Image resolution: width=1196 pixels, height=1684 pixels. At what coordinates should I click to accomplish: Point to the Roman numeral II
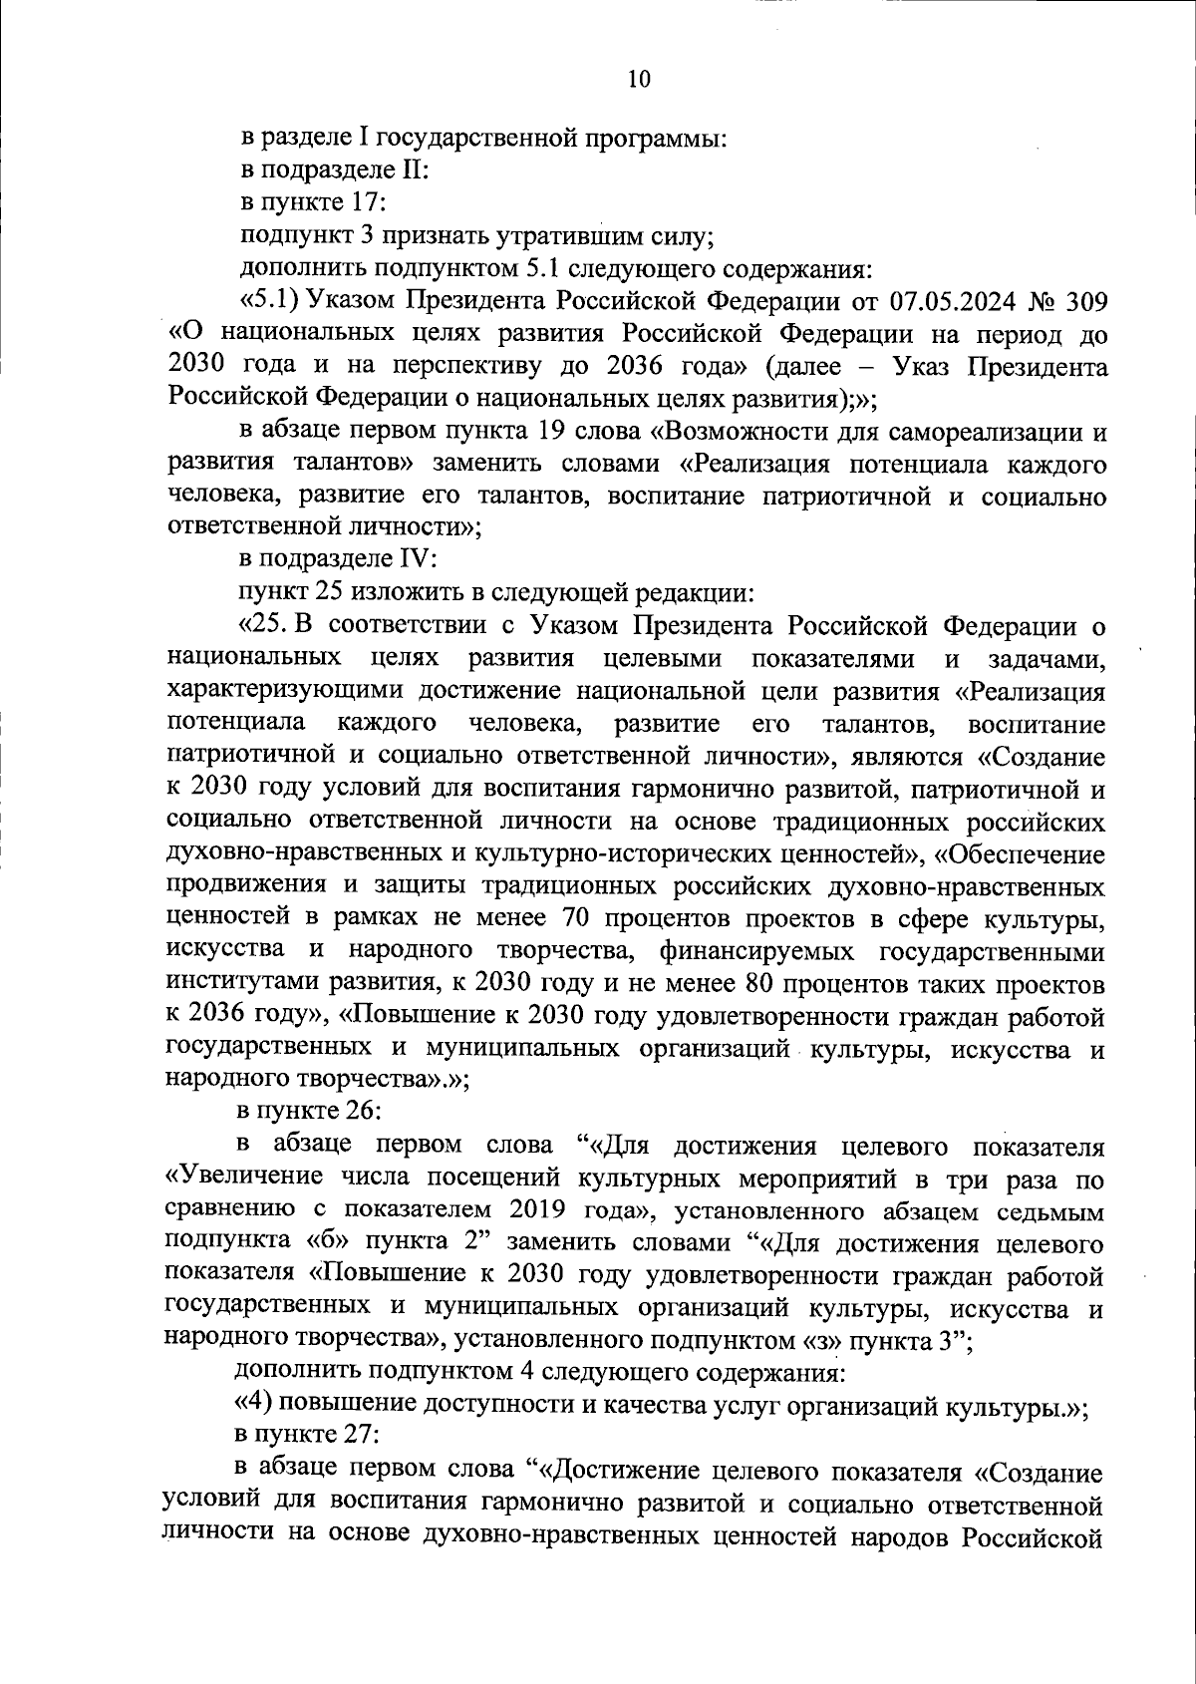click(413, 170)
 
